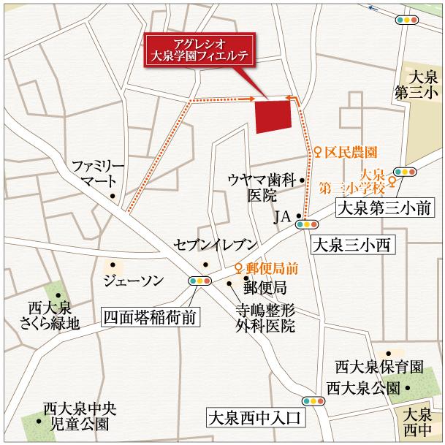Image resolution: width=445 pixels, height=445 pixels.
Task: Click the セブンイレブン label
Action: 214,245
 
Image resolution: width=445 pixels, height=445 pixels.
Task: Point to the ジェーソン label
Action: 134,280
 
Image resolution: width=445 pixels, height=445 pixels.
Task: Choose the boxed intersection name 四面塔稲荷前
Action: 149,317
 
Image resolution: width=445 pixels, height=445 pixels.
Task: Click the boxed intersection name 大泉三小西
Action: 353,246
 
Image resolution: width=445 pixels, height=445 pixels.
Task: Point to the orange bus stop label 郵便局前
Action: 271,268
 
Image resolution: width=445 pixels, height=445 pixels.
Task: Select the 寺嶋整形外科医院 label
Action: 265,317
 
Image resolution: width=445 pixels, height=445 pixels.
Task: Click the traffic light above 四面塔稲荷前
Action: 199,281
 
